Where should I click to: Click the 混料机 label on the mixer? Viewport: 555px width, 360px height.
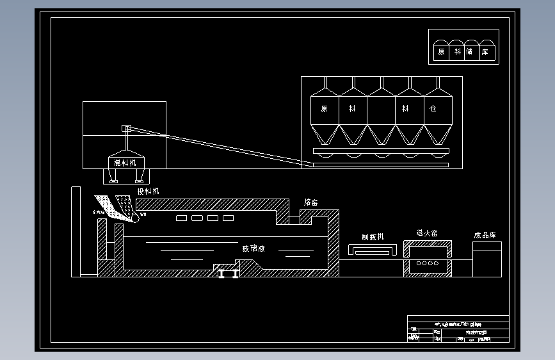pos(125,163)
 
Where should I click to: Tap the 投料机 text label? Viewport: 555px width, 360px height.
pos(148,192)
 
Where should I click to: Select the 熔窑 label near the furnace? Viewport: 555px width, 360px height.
pos(311,202)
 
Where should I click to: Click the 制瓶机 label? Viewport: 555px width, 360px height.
pos(373,237)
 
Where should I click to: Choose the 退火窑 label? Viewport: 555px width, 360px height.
pos(427,234)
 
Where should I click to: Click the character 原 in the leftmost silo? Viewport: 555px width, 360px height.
pos(325,109)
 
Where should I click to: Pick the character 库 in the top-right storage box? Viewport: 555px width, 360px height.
pos(485,52)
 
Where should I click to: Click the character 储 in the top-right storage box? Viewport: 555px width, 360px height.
pos(470,52)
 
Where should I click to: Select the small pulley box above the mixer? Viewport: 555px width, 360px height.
pos(126,128)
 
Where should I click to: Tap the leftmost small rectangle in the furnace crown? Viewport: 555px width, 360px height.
pos(182,218)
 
